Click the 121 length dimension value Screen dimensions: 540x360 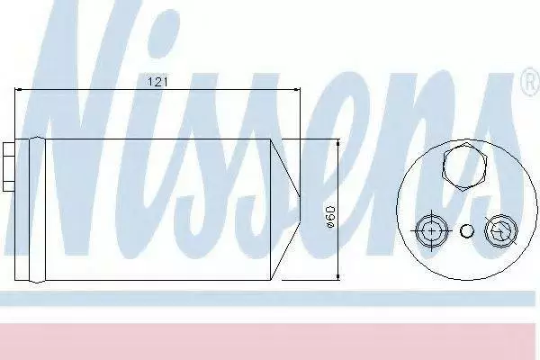(x=157, y=82)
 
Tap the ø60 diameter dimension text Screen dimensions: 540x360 (x=330, y=217)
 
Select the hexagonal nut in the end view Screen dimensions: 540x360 (x=465, y=166)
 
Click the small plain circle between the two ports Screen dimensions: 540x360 (x=466, y=230)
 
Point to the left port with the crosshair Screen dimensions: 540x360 (x=431, y=230)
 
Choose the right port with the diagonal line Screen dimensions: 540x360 (x=501, y=230)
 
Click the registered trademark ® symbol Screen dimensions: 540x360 (x=531, y=81)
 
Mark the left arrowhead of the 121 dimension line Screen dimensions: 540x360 (x=18, y=90)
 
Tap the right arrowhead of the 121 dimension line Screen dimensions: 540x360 (x=296, y=90)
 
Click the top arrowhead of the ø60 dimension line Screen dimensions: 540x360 (x=338, y=143)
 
